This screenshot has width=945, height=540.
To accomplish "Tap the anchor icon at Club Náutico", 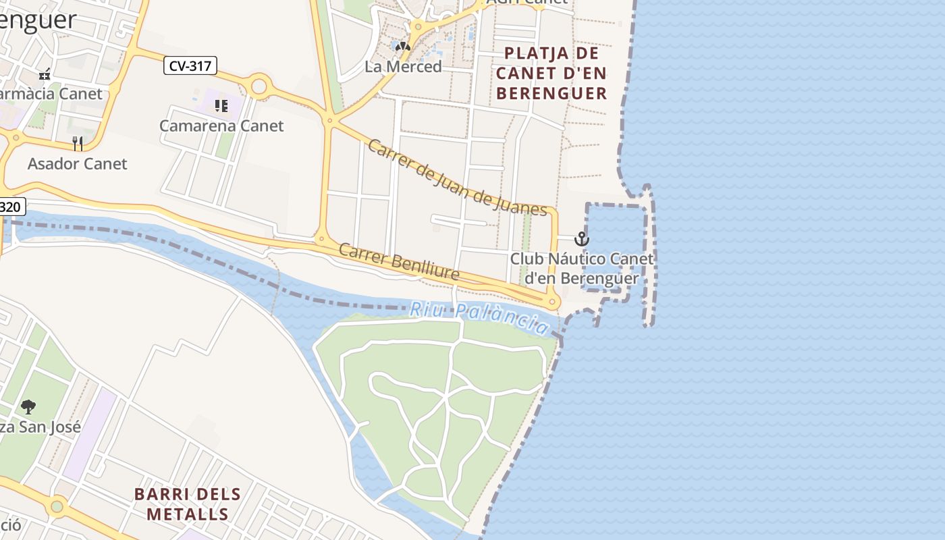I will coord(581,239).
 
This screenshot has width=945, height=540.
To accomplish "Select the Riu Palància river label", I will coord(480,317).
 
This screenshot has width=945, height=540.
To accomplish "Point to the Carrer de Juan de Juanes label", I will coord(457,178).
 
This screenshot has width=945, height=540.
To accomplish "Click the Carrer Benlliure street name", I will coord(399,262).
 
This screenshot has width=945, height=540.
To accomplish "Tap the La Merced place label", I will coord(403,67).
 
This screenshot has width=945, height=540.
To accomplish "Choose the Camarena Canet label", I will coord(221,126).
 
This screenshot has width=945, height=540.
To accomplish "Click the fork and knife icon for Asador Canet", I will coord(78,143).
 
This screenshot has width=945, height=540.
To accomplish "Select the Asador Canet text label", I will coord(77,163).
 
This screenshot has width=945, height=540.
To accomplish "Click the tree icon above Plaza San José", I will coord(28,406).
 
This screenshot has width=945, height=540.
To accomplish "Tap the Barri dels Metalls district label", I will coord(188,504).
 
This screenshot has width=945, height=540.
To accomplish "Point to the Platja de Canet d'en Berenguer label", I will coord(551,73).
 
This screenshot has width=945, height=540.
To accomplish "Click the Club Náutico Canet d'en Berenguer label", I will coord(582,269).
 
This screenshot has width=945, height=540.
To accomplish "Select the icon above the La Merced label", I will coord(403,47).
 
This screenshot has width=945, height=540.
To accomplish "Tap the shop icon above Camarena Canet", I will coord(221,105).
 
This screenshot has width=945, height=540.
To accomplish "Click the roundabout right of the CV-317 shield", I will coord(259,86).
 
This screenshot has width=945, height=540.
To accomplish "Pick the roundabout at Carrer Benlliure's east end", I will coord(552,302).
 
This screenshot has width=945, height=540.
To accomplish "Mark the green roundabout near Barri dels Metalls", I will coord(57,506).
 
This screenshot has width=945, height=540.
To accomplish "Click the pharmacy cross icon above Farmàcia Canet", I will coord(45,74).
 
